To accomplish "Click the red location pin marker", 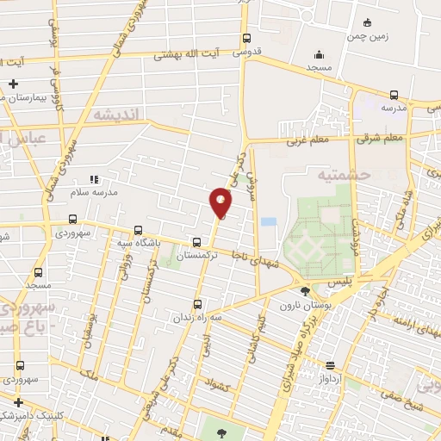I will point(220,203).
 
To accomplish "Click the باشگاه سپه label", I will point(139,244).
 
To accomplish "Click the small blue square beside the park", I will point(269,221).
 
